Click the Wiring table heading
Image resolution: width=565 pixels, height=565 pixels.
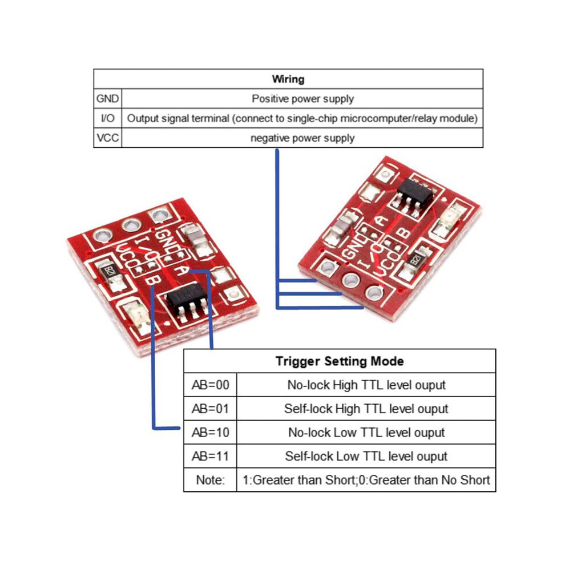click(x=288, y=79)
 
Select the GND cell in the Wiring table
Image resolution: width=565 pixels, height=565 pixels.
click(x=108, y=98)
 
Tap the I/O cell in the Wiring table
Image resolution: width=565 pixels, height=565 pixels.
click(x=108, y=118)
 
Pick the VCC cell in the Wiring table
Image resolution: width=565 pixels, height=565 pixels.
click(x=108, y=138)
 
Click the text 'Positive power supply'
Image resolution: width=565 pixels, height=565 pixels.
click(x=302, y=99)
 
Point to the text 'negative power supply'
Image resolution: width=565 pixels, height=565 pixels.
click(x=302, y=138)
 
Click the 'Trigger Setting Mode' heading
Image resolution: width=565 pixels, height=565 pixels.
click(x=340, y=361)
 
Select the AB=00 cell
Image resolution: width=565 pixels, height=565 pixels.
click(x=211, y=385)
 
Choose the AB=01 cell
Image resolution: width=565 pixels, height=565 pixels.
click(x=211, y=409)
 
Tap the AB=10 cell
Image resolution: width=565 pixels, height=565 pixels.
click(x=211, y=433)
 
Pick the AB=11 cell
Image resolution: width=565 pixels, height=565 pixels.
click(x=211, y=456)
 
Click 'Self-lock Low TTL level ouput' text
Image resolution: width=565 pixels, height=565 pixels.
click(x=366, y=457)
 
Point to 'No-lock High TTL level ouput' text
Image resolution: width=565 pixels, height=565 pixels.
click(x=366, y=385)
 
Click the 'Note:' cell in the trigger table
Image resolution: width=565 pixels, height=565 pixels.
click(x=211, y=480)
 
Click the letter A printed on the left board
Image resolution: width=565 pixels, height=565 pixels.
click(x=183, y=269)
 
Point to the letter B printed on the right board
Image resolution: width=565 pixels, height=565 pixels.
click(x=404, y=234)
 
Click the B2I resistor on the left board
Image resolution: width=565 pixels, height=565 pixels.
click(x=110, y=271)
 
